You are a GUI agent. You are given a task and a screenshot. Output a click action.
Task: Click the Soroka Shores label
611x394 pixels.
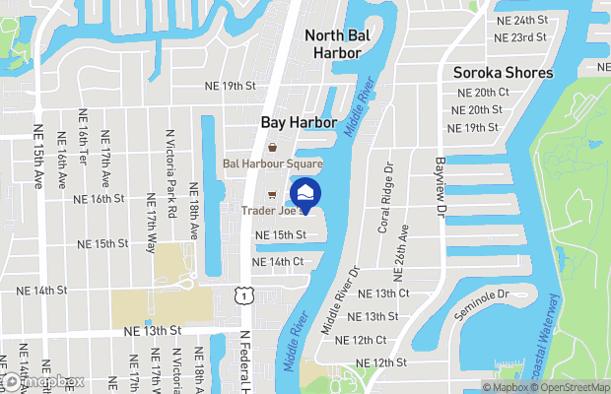click(503, 73)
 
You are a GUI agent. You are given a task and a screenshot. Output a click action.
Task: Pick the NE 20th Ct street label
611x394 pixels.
click(477, 92)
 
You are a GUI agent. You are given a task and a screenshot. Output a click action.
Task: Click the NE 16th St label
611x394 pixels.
click(100, 198)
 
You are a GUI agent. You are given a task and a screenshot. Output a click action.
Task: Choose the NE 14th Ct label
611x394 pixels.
click(278, 261)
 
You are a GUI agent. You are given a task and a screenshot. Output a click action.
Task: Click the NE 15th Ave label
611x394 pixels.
click(38, 157)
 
